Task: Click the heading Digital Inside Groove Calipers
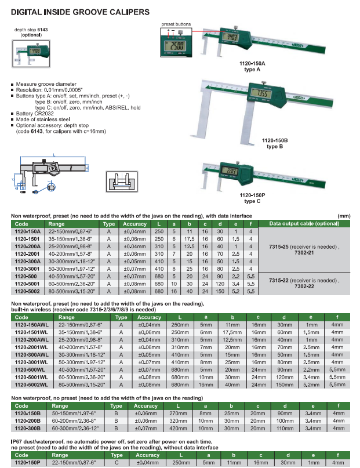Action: [x=79, y=11]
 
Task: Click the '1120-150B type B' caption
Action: [x=275, y=143]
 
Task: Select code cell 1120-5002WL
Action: [x=31, y=383]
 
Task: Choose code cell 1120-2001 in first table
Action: [x=27, y=254]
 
